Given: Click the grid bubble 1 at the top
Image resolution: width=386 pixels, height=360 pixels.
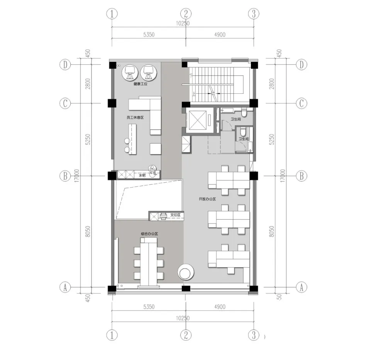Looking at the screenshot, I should click(x=112, y=14).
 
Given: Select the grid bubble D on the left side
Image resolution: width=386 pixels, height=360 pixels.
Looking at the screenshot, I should click(x=66, y=65).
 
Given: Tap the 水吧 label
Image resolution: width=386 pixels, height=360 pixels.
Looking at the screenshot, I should click(x=142, y=176).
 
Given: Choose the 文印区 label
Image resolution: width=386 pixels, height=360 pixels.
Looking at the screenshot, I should click(x=175, y=215).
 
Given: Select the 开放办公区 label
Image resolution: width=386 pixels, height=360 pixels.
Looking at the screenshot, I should click(x=207, y=199).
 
